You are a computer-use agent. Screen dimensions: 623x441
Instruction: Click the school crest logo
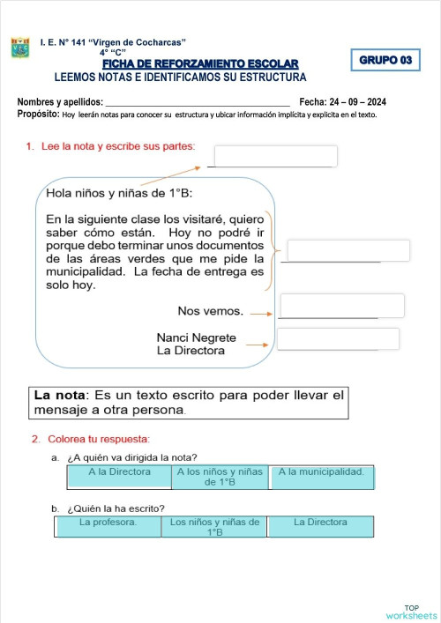click(20, 48)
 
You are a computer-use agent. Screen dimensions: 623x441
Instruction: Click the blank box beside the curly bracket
click(348, 250)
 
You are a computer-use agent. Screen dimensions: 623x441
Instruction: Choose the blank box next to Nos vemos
click(341, 306)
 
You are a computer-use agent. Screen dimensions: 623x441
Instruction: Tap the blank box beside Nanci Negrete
click(338, 339)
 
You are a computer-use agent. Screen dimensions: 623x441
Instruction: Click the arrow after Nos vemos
click(260, 312)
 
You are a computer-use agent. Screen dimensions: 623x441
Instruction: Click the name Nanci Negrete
click(196, 337)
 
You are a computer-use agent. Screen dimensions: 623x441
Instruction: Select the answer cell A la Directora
click(119, 476)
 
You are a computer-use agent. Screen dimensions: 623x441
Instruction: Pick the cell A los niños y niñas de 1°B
click(220, 477)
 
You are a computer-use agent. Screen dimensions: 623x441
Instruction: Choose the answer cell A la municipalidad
click(321, 476)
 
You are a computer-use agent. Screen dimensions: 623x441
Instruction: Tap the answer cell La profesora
click(108, 526)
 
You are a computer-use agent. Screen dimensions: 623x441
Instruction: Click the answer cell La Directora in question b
click(320, 526)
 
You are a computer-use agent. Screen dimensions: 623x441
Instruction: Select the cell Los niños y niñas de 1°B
click(214, 527)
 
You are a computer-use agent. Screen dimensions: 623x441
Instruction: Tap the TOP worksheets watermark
click(411, 612)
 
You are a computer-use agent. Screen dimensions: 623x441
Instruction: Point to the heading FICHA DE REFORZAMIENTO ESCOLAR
click(200, 63)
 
